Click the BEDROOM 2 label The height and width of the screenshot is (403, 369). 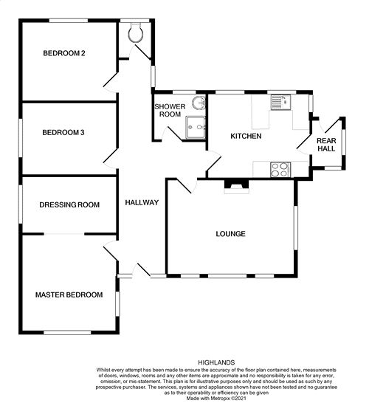coord(64,53)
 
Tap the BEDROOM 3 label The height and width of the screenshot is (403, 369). coord(63,133)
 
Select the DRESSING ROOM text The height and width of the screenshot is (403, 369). coord(69,205)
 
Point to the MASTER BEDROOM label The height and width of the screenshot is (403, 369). coord(69,294)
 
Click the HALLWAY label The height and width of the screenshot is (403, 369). coord(142,202)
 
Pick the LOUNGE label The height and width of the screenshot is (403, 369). coord(230,234)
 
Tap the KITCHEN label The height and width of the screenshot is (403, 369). coord(246,136)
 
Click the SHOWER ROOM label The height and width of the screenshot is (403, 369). coord(170,110)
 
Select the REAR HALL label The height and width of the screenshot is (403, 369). coord(326,145)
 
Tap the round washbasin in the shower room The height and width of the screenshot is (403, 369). coord(199,103)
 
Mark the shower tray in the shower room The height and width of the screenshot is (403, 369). coord(196,127)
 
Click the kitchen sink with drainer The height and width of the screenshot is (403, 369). coord(280,103)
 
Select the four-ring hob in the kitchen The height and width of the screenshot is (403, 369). coord(280,170)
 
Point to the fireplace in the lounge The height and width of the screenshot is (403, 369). coord(236,186)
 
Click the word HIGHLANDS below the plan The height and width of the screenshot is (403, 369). coord(216,362)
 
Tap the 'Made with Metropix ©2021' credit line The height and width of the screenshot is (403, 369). coord(216,398)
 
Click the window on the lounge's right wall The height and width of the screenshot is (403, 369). coord(296,228)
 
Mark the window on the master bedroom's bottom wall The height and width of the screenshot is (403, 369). coord(67,333)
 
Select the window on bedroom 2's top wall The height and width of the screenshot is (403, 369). coord(69,21)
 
